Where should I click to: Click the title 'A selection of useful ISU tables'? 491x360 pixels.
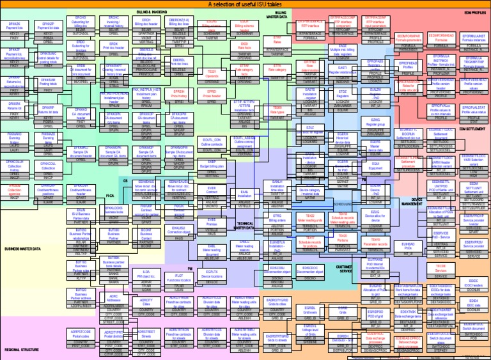pos(245,4)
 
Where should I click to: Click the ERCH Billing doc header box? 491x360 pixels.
pos(145,24)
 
